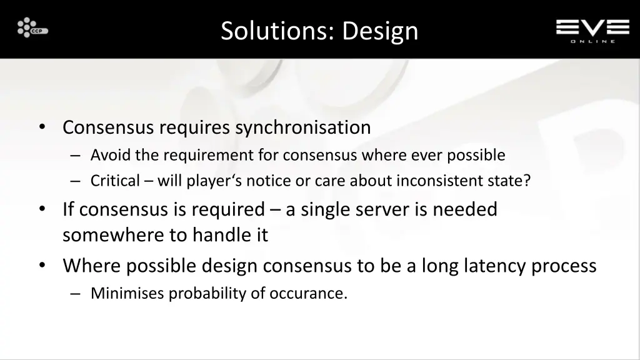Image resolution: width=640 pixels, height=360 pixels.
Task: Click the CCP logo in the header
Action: tap(32, 28)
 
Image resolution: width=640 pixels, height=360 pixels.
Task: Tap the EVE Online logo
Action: tap(592, 30)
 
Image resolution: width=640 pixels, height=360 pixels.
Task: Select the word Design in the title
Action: tap(380, 31)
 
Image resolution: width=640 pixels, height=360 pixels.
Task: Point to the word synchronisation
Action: tap(303, 127)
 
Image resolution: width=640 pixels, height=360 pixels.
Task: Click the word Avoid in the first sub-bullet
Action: tap(106, 154)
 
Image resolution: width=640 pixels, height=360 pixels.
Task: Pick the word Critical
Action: tap(115, 181)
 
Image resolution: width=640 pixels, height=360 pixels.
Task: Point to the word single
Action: tap(326, 209)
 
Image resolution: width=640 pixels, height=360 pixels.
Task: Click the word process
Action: tap(564, 266)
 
